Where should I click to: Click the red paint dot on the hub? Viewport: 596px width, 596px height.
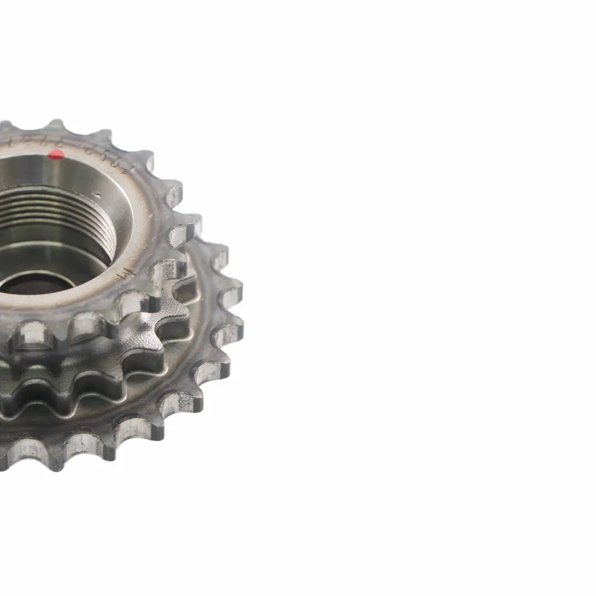coord(56,154)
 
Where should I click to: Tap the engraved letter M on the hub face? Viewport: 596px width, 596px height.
coord(126,272)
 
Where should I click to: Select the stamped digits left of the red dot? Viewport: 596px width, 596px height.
coord(22,145)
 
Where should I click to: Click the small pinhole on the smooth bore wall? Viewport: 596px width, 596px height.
coord(97,194)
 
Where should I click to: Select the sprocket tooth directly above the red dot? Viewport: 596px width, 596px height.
coord(56,126)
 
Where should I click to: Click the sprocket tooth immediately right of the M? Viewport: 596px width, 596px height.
coord(166,273)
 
